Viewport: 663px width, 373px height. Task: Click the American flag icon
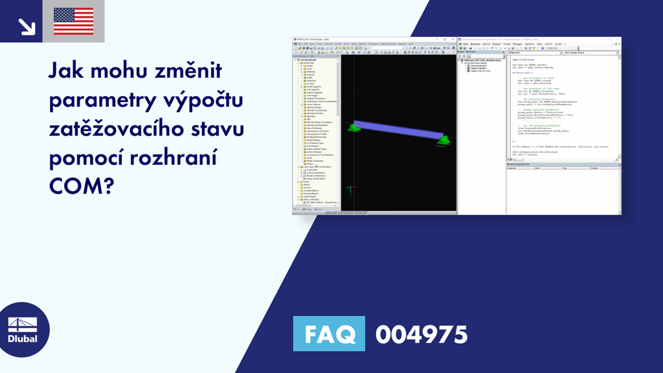click(x=73, y=21)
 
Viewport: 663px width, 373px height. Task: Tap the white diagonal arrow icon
click(x=27, y=25)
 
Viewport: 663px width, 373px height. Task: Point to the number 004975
click(x=421, y=335)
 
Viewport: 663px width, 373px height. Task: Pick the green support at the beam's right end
click(x=444, y=140)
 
